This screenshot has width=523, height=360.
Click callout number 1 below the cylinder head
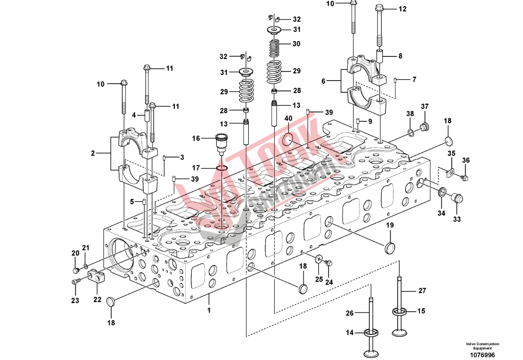(208, 309)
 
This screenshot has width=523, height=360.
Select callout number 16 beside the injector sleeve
(196, 138)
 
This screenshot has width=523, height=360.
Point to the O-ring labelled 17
(222, 168)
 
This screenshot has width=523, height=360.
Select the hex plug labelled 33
(456, 198)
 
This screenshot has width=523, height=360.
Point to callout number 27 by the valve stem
(422, 291)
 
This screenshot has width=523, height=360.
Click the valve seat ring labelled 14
(372, 332)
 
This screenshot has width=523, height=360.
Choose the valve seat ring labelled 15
(399, 311)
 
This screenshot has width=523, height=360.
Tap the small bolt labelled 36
(464, 178)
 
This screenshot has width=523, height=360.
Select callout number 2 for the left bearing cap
(93, 153)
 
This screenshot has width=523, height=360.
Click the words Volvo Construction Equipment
(482, 346)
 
